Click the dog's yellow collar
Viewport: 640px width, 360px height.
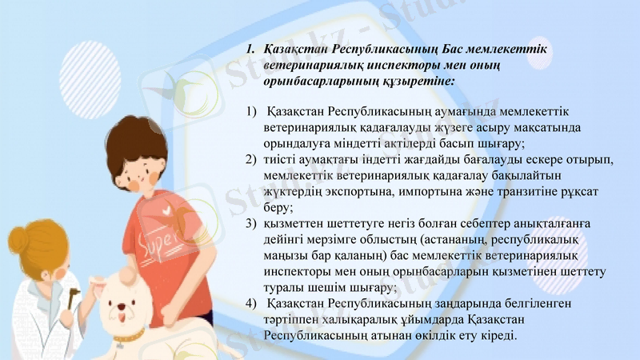click(128, 334)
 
